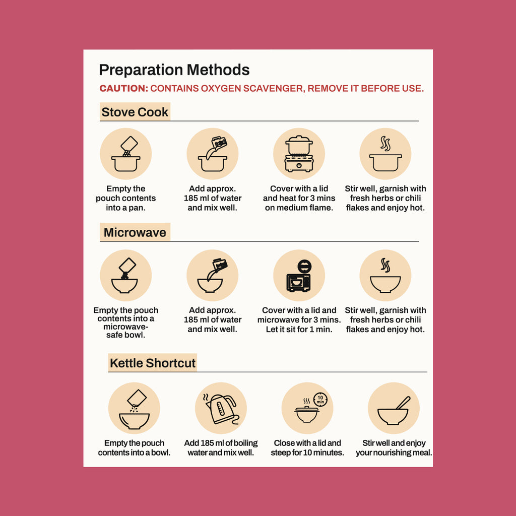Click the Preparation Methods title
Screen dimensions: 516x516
[x=174, y=70]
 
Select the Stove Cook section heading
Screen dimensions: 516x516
[x=135, y=112]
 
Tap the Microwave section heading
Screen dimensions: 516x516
[x=135, y=232]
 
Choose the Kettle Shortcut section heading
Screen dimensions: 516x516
[x=153, y=363]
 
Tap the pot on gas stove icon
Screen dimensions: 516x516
[x=299, y=154]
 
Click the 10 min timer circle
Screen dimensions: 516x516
[x=320, y=400]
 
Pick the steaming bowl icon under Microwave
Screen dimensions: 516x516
[x=385, y=276]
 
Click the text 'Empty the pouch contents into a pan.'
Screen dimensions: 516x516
[x=125, y=198]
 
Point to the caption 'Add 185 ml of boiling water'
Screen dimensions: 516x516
[x=221, y=447]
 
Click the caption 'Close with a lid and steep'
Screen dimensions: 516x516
[x=307, y=447]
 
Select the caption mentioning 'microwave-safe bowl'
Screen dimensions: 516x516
[x=125, y=322]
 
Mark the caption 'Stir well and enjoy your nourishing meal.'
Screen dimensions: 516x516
[x=394, y=447]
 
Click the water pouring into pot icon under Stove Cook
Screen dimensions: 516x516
[x=213, y=154]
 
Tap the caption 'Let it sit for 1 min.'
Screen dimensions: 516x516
[x=299, y=329]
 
